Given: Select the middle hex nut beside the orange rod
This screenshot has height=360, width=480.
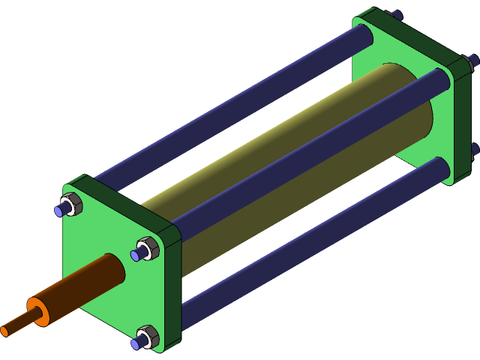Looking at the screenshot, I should click(x=147, y=247).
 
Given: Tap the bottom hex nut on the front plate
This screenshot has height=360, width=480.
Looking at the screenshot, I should click(x=148, y=337).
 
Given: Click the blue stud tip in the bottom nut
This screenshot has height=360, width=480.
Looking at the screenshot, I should click(x=136, y=344).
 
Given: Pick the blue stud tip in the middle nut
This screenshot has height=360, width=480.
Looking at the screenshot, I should click(x=136, y=255).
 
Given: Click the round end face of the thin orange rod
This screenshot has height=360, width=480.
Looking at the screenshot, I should click(x=4, y=330).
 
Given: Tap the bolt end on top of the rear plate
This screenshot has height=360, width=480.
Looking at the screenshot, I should click(x=396, y=14).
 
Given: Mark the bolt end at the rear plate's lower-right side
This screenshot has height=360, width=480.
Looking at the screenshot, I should click(x=475, y=149).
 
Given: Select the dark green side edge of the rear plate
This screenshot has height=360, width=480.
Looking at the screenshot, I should click(x=462, y=120).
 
